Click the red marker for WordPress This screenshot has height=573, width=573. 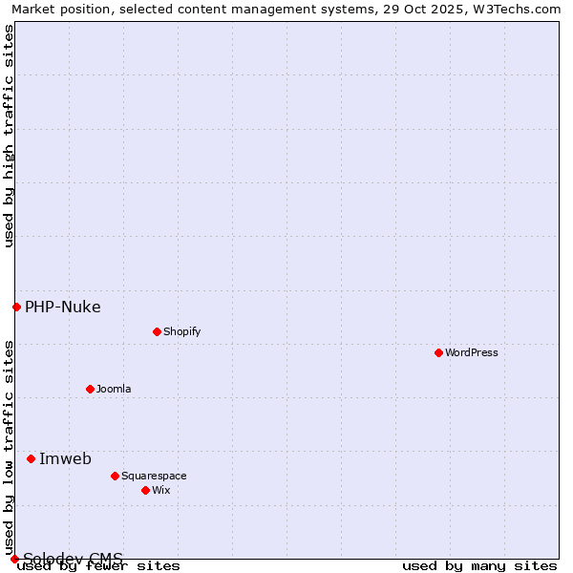pos(438,352)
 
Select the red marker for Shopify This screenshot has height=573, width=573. pos(157,331)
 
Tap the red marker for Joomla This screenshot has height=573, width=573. pos(90,389)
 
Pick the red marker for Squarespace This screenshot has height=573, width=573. pos(115,476)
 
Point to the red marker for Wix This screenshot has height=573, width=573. pos(145,490)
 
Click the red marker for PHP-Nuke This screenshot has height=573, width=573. pos(16,307)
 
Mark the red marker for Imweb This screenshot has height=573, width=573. pos(31,458)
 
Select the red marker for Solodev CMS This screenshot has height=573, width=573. pos(14,559)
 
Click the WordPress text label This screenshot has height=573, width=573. pos(472,352)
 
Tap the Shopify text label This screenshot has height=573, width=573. pos(181,331)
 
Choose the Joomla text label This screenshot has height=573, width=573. pos(114,389)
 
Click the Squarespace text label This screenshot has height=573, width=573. pos(154,476)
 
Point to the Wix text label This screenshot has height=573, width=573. pos(160,490)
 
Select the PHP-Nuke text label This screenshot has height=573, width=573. pos(62,307)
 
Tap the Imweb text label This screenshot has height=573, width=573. pos(65,458)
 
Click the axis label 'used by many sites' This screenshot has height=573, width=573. pos(479,566)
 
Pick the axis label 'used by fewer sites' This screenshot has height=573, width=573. pos(98,566)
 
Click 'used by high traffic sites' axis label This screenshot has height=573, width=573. pos(9,136)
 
